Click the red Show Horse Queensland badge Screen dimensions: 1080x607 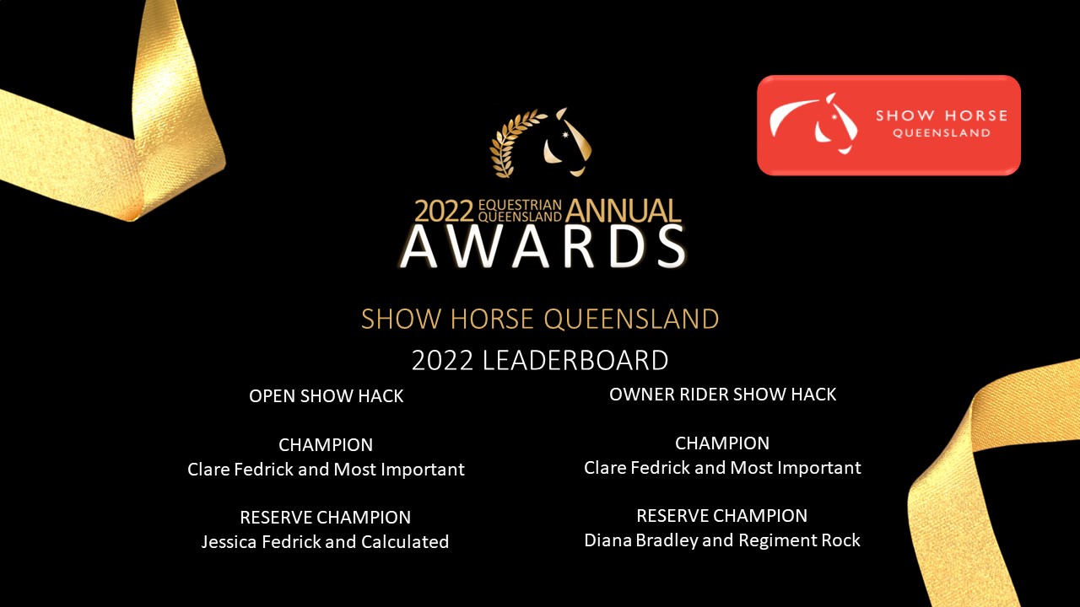[x=888, y=126]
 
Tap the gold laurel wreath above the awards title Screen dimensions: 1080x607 [x=510, y=144]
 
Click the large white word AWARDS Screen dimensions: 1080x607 [x=543, y=247]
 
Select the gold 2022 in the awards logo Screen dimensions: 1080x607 [x=444, y=211]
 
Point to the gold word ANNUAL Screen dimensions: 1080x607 [x=623, y=211]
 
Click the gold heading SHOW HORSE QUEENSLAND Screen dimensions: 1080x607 [x=540, y=319]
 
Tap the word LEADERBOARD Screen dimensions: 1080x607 [x=575, y=360]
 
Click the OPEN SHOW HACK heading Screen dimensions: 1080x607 [x=326, y=396]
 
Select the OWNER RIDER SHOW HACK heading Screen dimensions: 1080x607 [x=722, y=395]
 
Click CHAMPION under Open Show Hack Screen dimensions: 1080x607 [x=326, y=444]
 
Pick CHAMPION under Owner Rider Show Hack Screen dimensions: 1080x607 [x=722, y=443]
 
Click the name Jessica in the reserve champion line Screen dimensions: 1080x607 [x=229, y=542]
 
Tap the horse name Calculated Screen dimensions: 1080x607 [x=405, y=541]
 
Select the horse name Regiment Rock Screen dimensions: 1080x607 [x=799, y=540]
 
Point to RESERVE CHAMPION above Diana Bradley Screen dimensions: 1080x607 [x=721, y=516]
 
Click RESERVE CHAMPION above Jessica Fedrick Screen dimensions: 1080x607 [x=326, y=518]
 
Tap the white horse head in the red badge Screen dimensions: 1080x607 [x=836, y=124]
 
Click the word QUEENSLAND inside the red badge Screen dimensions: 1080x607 [x=942, y=133]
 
